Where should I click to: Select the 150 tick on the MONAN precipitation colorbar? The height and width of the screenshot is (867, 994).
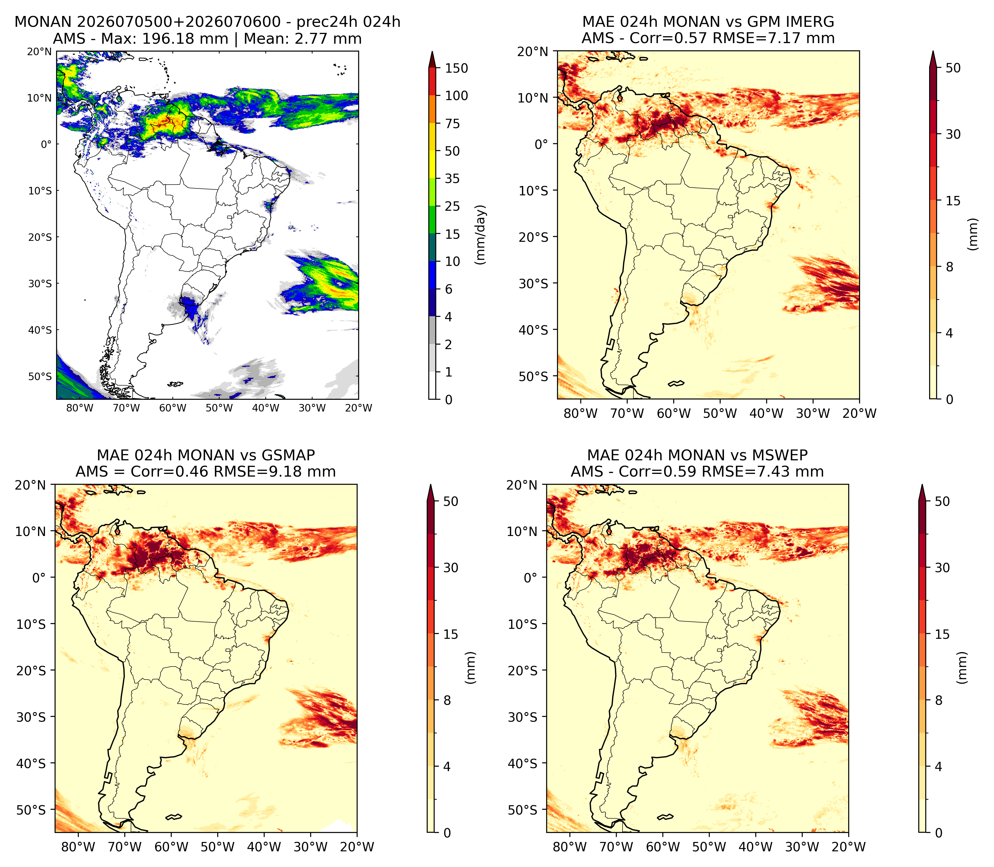tap(457, 68)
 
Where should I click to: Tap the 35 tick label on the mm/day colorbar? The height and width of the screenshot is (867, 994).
tap(452, 178)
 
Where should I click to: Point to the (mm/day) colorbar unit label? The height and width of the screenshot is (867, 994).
tap(480, 235)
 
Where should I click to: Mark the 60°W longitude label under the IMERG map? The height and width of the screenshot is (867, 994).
tap(674, 414)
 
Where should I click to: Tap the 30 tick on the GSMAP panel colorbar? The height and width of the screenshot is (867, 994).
tap(451, 568)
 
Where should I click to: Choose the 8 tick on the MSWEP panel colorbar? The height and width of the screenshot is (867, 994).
tap(938, 700)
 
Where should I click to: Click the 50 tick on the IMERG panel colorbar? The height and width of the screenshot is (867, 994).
tap(953, 68)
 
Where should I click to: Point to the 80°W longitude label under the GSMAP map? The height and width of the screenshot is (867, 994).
tap(78, 847)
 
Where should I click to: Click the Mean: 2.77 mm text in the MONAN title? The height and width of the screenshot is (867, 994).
tap(303, 39)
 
